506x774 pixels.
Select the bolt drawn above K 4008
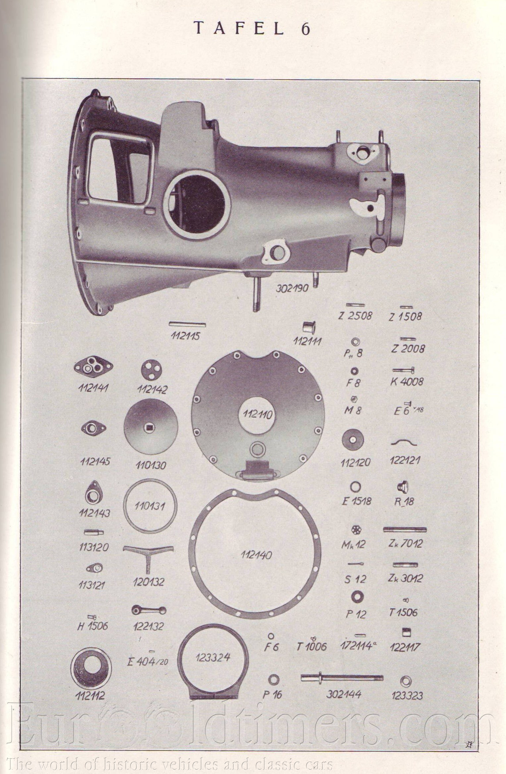click(404, 370)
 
